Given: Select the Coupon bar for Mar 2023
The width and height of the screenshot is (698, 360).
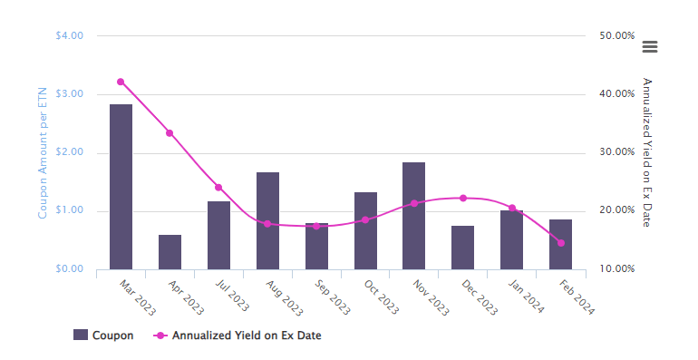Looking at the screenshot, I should click(x=121, y=186).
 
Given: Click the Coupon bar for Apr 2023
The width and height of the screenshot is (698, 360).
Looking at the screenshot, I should click(x=170, y=252).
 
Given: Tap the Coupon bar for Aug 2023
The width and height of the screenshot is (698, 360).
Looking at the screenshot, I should click(x=267, y=220).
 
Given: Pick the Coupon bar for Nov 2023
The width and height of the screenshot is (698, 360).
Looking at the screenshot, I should click(x=413, y=216).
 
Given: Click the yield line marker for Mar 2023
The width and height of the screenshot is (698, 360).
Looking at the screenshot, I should click(x=121, y=82).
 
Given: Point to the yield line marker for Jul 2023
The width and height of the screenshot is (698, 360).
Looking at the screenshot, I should click(x=218, y=188).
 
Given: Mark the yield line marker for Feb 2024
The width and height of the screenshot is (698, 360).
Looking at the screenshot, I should click(x=560, y=243).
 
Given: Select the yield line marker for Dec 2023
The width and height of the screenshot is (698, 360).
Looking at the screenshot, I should click(x=462, y=198).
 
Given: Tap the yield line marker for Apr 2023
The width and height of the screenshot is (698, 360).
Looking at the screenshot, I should click(x=170, y=133).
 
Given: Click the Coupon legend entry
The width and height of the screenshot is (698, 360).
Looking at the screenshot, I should click(x=103, y=336).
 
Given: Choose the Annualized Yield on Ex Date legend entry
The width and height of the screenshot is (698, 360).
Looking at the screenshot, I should click(x=239, y=336).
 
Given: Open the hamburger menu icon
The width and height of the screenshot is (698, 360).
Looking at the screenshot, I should click(x=649, y=47).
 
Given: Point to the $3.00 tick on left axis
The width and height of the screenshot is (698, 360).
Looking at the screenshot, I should click(x=69, y=94).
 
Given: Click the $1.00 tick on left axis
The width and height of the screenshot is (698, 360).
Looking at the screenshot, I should click(x=69, y=210).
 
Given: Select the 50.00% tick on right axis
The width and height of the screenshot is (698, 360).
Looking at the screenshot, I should click(x=616, y=36).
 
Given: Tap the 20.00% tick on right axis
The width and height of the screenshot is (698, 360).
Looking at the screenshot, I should click(x=616, y=210).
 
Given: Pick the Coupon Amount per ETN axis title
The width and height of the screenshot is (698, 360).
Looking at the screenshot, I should click(x=42, y=152).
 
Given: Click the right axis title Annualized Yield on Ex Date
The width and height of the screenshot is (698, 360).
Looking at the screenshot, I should click(x=646, y=152).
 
